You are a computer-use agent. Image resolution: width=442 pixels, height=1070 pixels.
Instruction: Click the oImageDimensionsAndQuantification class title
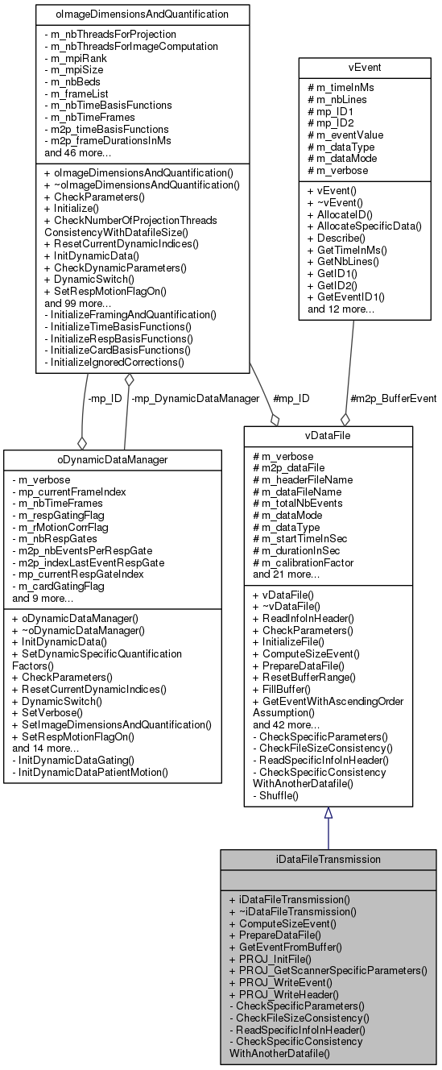pyautogui.click(x=143, y=14)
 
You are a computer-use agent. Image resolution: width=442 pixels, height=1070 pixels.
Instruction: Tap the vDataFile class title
pyautogui.click(x=328, y=435)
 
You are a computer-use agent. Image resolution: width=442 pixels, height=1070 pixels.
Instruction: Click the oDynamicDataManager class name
pyautogui.click(x=112, y=459)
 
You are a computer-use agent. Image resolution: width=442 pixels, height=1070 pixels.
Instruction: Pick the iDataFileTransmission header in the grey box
pyautogui.click(x=328, y=859)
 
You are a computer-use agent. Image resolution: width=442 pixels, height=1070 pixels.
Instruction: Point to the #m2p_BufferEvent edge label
pyautogui.click(x=394, y=398)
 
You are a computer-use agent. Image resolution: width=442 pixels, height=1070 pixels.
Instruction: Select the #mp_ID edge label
pyautogui.click(x=291, y=398)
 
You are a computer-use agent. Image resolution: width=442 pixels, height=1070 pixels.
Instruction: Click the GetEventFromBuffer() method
pyautogui.click(x=291, y=947)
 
